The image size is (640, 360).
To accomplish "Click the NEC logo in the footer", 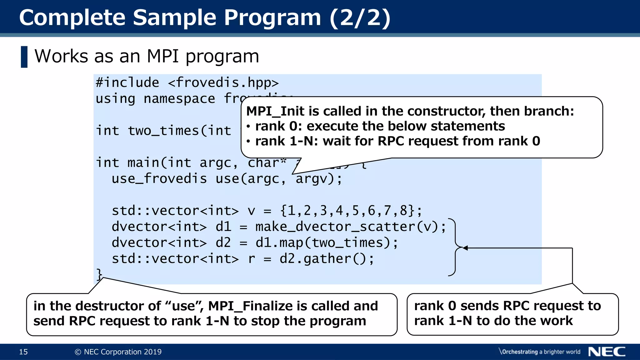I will point(607,352).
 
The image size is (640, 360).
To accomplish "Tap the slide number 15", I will point(23,352).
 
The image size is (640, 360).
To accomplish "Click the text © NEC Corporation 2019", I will point(118,352).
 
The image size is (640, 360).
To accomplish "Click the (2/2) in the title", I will point(360,17).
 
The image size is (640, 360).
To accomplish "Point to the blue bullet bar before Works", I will point(24,57).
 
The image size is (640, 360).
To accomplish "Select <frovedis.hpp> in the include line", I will point(223,83).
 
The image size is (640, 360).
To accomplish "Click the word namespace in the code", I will point(179,99).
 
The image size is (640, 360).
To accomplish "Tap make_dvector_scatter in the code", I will point(335,227).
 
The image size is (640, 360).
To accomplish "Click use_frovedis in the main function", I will point(159,179).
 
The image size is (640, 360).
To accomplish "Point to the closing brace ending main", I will point(99,274).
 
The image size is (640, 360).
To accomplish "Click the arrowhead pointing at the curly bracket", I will point(465,248).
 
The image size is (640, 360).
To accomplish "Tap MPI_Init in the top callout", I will point(275,111).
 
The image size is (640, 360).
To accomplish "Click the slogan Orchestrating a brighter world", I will point(540,352).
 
